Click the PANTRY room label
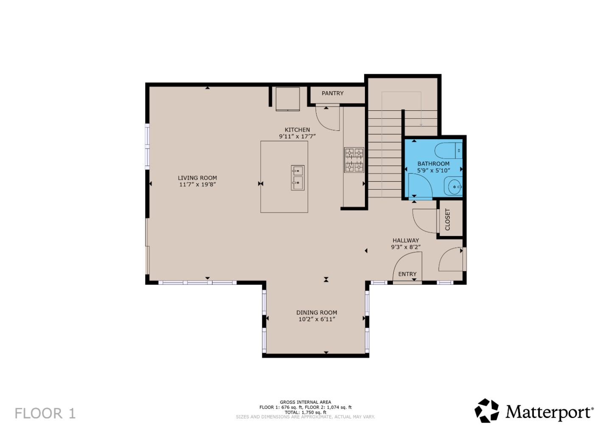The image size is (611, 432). (x=332, y=93)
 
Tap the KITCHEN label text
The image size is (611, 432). (x=297, y=130)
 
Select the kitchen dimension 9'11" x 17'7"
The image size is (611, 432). (x=297, y=137)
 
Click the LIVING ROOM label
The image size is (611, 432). (x=197, y=178)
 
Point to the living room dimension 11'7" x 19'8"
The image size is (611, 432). (x=197, y=185)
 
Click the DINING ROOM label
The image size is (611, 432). (x=317, y=312)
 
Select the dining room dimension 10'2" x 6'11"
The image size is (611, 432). (x=317, y=319)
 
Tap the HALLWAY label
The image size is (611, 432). (x=406, y=240)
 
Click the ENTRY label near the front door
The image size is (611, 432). (x=407, y=274)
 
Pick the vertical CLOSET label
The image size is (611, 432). (x=448, y=219)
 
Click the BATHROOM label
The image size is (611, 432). (x=433, y=163)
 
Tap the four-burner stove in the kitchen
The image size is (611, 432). (x=354, y=160)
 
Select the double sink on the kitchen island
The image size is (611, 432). (x=297, y=177)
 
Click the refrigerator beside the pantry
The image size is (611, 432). (x=288, y=98)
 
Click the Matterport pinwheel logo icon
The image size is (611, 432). (x=487, y=410)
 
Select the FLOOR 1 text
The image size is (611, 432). (x=45, y=413)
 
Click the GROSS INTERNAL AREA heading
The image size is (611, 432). (x=305, y=402)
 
